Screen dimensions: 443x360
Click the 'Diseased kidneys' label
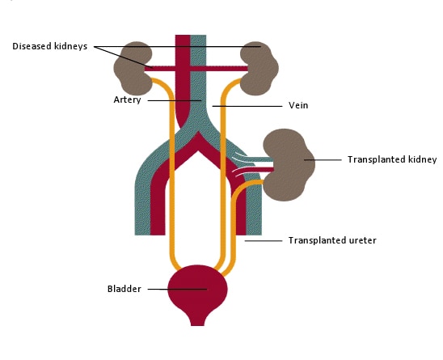pyautogui.click(x=50, y=46)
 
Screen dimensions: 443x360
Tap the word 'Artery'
pyautogui.click(x=127, y=100)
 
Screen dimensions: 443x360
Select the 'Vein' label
pyautogui.click(x=298, y=105)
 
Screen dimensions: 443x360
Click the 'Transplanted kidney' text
pyautogui.click(x=392, y=159)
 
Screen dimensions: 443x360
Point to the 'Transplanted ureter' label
pyautogui.click(x=332, y=240)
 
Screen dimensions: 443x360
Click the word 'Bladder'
pyautogui.click(x=124, y=289)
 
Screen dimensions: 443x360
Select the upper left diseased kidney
pyautogui.click(x=133, y=68)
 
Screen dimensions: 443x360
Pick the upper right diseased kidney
pyautogui.click(x=259, y=68)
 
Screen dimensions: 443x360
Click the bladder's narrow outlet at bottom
pyautogui.click(x=197, y=321)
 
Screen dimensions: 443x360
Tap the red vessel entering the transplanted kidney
pyautogui.click(x=255, y=170)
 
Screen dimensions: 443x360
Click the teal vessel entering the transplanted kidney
pyautogui.click(x=255, y=159)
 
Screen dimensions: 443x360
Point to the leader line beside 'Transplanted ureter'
pyautogui.click(x=264, y=240)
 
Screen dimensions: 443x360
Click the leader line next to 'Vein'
pyautogui.click(x=247, y=106)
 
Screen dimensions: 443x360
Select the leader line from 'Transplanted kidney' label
pyautogui.click(x=323, y=160)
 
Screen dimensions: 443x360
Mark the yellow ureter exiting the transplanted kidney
pyautogui.click(x=234, y=227)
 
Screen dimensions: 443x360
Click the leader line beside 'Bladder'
pyautogui.click(x=177, y=289)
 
